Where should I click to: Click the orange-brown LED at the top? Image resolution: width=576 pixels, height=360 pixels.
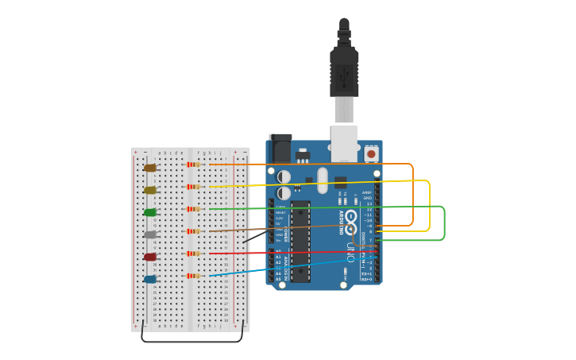[x=150, y=168]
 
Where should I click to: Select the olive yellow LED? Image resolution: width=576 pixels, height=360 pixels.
[x=150, y=190]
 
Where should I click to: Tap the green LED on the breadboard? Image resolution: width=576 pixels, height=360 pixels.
[x=150, y=212]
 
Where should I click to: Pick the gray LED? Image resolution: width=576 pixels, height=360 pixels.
[x=150, y=234]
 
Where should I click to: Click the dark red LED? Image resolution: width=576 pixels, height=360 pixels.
[x=150, y=257]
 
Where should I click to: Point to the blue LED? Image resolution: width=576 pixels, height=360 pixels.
[x=150, y=279]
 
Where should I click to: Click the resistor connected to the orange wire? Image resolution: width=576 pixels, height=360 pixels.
[x=192, y=165]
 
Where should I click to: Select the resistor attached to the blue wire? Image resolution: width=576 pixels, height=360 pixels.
[x=192, y=276]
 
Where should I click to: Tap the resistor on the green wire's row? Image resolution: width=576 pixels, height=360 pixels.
[x=192, y=209]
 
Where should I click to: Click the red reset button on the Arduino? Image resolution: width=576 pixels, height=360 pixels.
[x=371, y=153]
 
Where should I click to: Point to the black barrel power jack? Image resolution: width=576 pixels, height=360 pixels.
[x=280, y=149]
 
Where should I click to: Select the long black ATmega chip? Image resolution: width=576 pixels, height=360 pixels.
[x=300, y=242]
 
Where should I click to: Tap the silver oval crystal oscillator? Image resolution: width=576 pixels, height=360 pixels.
[x=322, y=180]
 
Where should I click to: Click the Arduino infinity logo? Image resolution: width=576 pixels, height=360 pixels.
[x=350, y=217]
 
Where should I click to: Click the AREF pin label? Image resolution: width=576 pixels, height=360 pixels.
[x=367, y=192]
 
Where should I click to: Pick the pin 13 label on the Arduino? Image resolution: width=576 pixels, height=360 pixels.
[x=368, y=203]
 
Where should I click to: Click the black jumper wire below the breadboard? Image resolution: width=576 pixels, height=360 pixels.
[x=191, y=342]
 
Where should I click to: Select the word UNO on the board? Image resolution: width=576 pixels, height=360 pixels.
[x=350, y=252]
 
